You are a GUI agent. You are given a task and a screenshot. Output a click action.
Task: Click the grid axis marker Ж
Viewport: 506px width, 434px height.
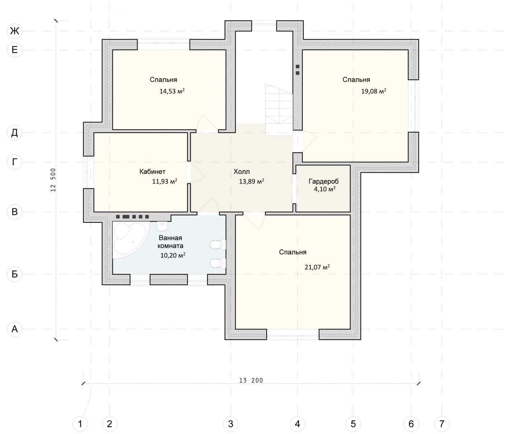[x=15, y=31]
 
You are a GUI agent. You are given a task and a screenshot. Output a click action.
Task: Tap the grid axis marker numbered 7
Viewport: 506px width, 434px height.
[x=442, y=424]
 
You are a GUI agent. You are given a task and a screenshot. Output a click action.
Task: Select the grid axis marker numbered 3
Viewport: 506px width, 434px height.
[x=231, y=424]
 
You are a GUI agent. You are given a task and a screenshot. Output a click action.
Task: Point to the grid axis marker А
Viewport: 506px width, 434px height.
[x=15, y=329]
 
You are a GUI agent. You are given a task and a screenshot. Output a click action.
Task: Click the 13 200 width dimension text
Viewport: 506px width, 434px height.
[x=251, y=380]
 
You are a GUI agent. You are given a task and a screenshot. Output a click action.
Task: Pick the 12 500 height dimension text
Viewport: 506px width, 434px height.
[x=53, y=180]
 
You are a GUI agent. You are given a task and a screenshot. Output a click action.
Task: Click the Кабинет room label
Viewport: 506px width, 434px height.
[x=152, y=171]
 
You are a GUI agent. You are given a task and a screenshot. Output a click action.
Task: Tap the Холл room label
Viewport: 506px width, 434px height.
[x=241, y=172]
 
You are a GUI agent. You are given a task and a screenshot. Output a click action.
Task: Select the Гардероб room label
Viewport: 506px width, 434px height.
[x=323, y=182]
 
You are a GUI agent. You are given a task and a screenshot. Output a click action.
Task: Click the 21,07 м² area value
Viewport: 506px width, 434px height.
[x=317, y=267]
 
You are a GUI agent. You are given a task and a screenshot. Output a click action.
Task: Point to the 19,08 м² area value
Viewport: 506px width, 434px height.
[x=373, y=91]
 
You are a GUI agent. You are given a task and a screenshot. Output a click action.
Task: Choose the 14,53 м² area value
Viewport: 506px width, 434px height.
[x=172, y=91]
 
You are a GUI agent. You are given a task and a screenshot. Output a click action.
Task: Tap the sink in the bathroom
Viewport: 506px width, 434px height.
[x=162, y=226]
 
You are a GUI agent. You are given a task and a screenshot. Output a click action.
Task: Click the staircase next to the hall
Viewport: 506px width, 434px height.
[x=279, y=110]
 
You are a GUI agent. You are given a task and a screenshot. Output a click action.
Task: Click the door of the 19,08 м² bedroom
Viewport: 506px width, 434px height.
[x=309, y=141]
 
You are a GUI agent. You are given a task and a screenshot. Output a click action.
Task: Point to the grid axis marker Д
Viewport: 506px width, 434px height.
[x=15, y=133]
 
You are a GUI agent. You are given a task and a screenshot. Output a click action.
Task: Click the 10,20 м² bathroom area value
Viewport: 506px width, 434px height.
[x=172, y=255]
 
